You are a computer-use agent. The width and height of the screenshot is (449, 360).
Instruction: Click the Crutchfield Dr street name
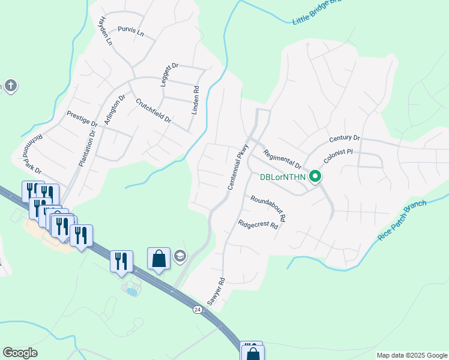pyautogui.click(x=153, y=111)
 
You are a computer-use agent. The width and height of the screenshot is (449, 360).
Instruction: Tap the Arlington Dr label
pyautogui.click(x=115, y=109)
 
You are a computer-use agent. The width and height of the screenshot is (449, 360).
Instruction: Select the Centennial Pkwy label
pyautogui.click(x=238, y=167)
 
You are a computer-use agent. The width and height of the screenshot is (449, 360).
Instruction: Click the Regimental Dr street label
pyautogui.click(x=282, y=160)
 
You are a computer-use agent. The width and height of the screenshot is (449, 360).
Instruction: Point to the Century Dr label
pyautogui.click(x=344, y=139)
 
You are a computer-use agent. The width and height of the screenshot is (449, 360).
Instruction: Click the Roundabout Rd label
pyautogui.click(x=268, y=208)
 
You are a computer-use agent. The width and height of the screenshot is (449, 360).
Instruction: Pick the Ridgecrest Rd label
pyautogui.click(x=258, y=225)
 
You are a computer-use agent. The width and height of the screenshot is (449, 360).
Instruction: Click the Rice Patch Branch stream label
pyautogui.click(x=402, y=220)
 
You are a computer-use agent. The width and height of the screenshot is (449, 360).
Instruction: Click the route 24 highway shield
pyautogui.click(x=197, y=309)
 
